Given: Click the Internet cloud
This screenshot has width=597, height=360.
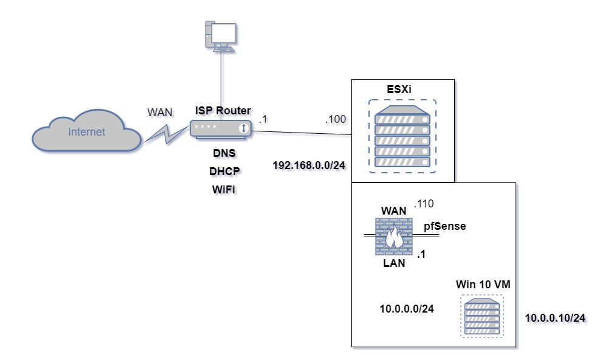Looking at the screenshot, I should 86,131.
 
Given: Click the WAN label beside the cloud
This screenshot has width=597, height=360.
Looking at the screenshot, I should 160,112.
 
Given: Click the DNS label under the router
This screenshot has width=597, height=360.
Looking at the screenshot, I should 223,153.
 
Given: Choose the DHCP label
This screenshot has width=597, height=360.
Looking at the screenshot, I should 223,171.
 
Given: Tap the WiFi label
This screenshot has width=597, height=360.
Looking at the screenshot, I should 223,189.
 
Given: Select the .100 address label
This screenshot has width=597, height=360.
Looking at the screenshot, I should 336,119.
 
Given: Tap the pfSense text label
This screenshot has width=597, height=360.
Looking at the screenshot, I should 444,226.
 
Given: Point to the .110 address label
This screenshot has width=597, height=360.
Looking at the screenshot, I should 424,204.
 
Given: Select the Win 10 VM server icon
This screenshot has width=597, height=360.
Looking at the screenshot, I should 481,316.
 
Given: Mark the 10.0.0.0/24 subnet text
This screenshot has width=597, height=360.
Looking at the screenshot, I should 407,309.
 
